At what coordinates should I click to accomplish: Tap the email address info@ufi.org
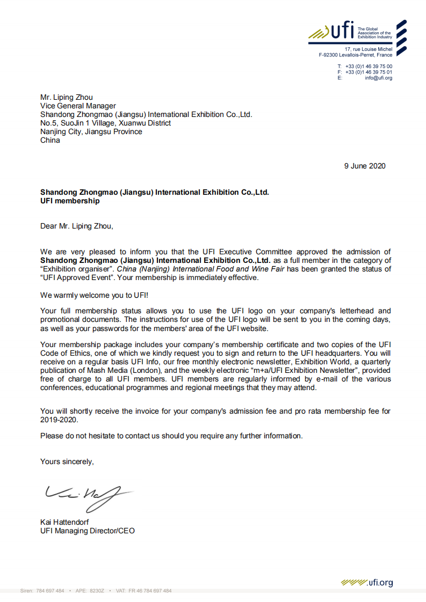point(378,78)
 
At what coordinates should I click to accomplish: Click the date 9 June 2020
point(365,166)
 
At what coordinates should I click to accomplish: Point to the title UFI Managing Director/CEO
point(88,531)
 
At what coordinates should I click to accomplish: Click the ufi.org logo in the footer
point(366,583)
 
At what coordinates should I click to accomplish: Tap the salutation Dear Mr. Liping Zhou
point(77,226)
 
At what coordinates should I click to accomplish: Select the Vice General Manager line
point(78,106)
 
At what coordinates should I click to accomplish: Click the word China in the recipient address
point(50,141)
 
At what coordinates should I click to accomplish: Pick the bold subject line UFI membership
point(70,201)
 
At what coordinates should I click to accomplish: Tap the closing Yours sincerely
point(67,461)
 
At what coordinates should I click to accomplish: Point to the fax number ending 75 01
point(369,72)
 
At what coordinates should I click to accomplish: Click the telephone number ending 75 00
point(369,66)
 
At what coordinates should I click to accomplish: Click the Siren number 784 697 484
point(50,591)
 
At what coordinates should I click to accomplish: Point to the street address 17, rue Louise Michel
point(369,49)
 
